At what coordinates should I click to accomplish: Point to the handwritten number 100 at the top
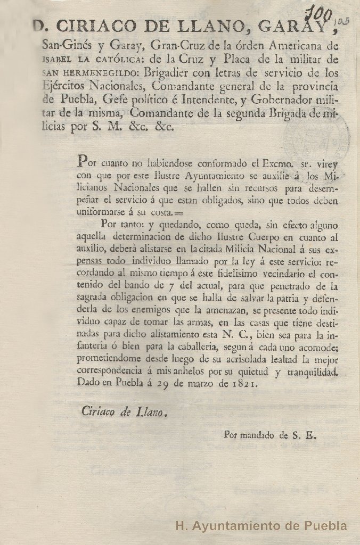322,12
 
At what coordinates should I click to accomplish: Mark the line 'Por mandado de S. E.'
270,434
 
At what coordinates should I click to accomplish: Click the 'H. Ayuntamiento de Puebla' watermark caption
261,526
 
